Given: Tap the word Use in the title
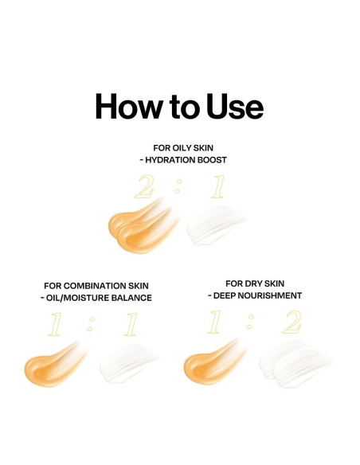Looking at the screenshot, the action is pos(235,106).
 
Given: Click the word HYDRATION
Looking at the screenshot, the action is pos(170,160).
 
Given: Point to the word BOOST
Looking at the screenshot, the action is pos(212,160).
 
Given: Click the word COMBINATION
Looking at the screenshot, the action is pos(95,286).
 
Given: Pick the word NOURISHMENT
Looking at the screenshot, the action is pos(272,295).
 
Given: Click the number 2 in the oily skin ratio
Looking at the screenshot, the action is pos(145,186).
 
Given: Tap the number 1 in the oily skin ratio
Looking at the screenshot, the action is pos(218,186).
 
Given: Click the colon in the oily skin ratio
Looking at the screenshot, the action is pos(178,186).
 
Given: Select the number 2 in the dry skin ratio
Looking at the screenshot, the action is pos(292,322).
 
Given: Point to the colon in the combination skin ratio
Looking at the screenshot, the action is pos(91,324).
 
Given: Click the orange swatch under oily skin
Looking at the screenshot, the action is pos(143,225).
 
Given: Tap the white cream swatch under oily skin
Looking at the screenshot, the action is pos(217,225).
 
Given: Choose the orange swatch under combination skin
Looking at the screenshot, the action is pos(55,365).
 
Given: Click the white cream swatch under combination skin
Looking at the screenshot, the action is pos(130,364).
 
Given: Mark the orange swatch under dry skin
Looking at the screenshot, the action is pos(214,362).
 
